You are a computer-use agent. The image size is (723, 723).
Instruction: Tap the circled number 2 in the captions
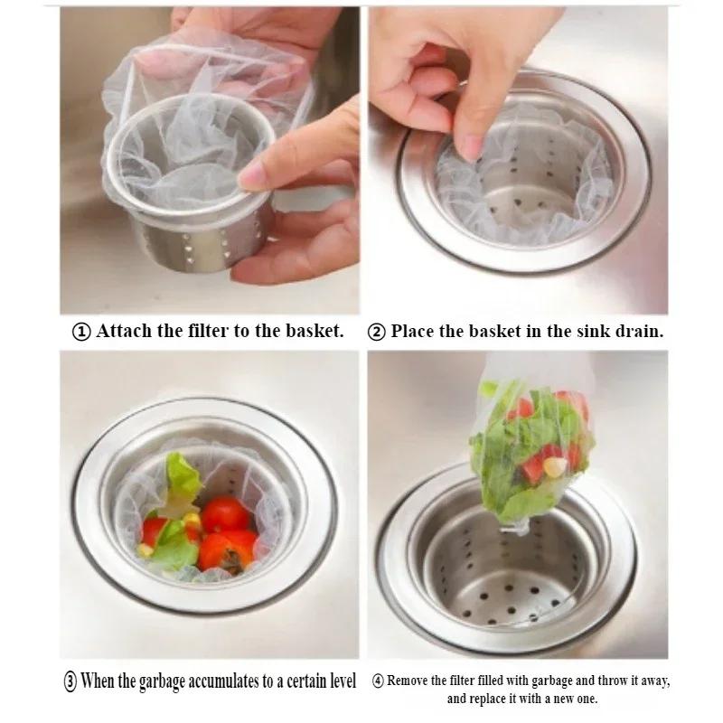(377, 331)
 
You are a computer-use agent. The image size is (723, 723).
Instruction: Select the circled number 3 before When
(69, 681)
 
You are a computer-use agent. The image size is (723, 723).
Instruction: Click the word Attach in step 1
(126, 331)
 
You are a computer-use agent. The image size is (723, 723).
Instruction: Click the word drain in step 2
(636, 331)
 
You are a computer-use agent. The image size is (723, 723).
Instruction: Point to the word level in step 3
(339, 681)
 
